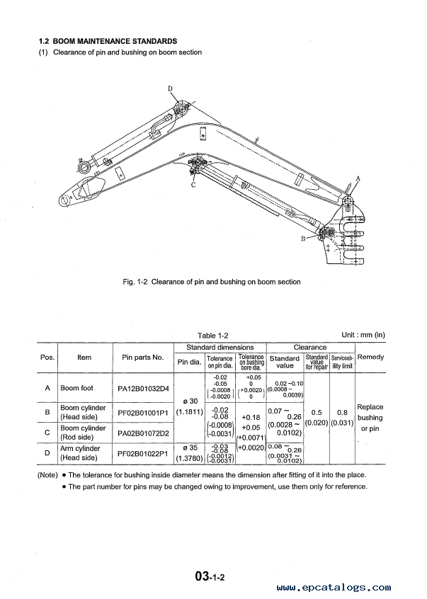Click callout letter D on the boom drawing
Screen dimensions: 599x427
171,89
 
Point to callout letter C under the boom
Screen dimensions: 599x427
193,185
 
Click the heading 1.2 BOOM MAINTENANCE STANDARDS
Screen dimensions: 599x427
108,42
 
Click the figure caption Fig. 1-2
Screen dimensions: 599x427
212,282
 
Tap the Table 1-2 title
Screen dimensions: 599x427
214,336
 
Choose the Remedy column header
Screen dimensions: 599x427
370,357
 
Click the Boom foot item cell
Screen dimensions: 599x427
79,388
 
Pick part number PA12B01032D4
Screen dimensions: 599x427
144,388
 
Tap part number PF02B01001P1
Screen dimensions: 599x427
144,412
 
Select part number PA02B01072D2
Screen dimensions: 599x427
144,432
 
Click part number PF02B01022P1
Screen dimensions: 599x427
144,452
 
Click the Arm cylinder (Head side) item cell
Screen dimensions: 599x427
81,452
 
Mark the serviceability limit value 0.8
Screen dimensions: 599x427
342,412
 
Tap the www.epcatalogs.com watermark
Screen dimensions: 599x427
334,587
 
